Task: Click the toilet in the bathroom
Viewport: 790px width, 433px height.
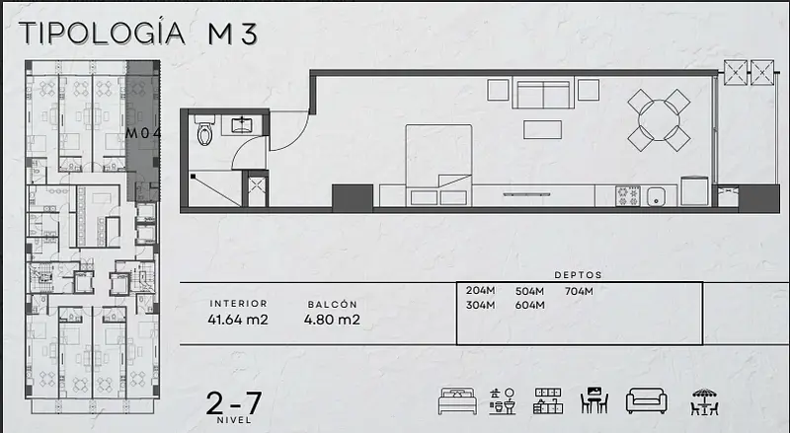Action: (x=204, y=130)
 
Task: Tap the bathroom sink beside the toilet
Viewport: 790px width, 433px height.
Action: (x=243, y=124)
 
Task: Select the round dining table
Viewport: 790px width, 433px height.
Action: (x=659, y=120)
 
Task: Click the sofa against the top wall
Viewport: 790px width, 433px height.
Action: (x=543, y=93)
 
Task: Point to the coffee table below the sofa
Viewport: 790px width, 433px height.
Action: (x=542, y=129)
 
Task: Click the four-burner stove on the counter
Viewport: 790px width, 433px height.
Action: (x=628, y=196)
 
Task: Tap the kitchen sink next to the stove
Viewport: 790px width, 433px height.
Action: (x=656, y=196)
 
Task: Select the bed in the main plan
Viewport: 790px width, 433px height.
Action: (x=438, y=165)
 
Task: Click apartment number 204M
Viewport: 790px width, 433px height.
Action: (x=480, y=291)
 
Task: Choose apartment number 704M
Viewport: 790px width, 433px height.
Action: (x=579, y=291)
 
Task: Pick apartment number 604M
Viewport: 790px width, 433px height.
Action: (x=529, y=305)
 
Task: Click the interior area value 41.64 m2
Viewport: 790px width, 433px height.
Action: (x=238, y=320)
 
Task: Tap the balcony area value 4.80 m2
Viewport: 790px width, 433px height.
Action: (x=332, y=320)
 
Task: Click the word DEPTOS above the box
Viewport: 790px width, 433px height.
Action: (x=578, y=275)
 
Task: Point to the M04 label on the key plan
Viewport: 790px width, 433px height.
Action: (x=143, y=133)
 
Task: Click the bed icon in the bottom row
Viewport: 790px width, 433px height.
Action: (x=457, y=400)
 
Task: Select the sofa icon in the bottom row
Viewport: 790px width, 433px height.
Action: (x=647, y=400)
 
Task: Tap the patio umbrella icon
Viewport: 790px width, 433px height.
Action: (x=704, y=401)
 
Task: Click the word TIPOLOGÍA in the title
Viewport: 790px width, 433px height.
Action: (x=103, y=33)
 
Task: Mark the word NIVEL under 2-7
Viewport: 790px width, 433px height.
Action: (x=234, y=420)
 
